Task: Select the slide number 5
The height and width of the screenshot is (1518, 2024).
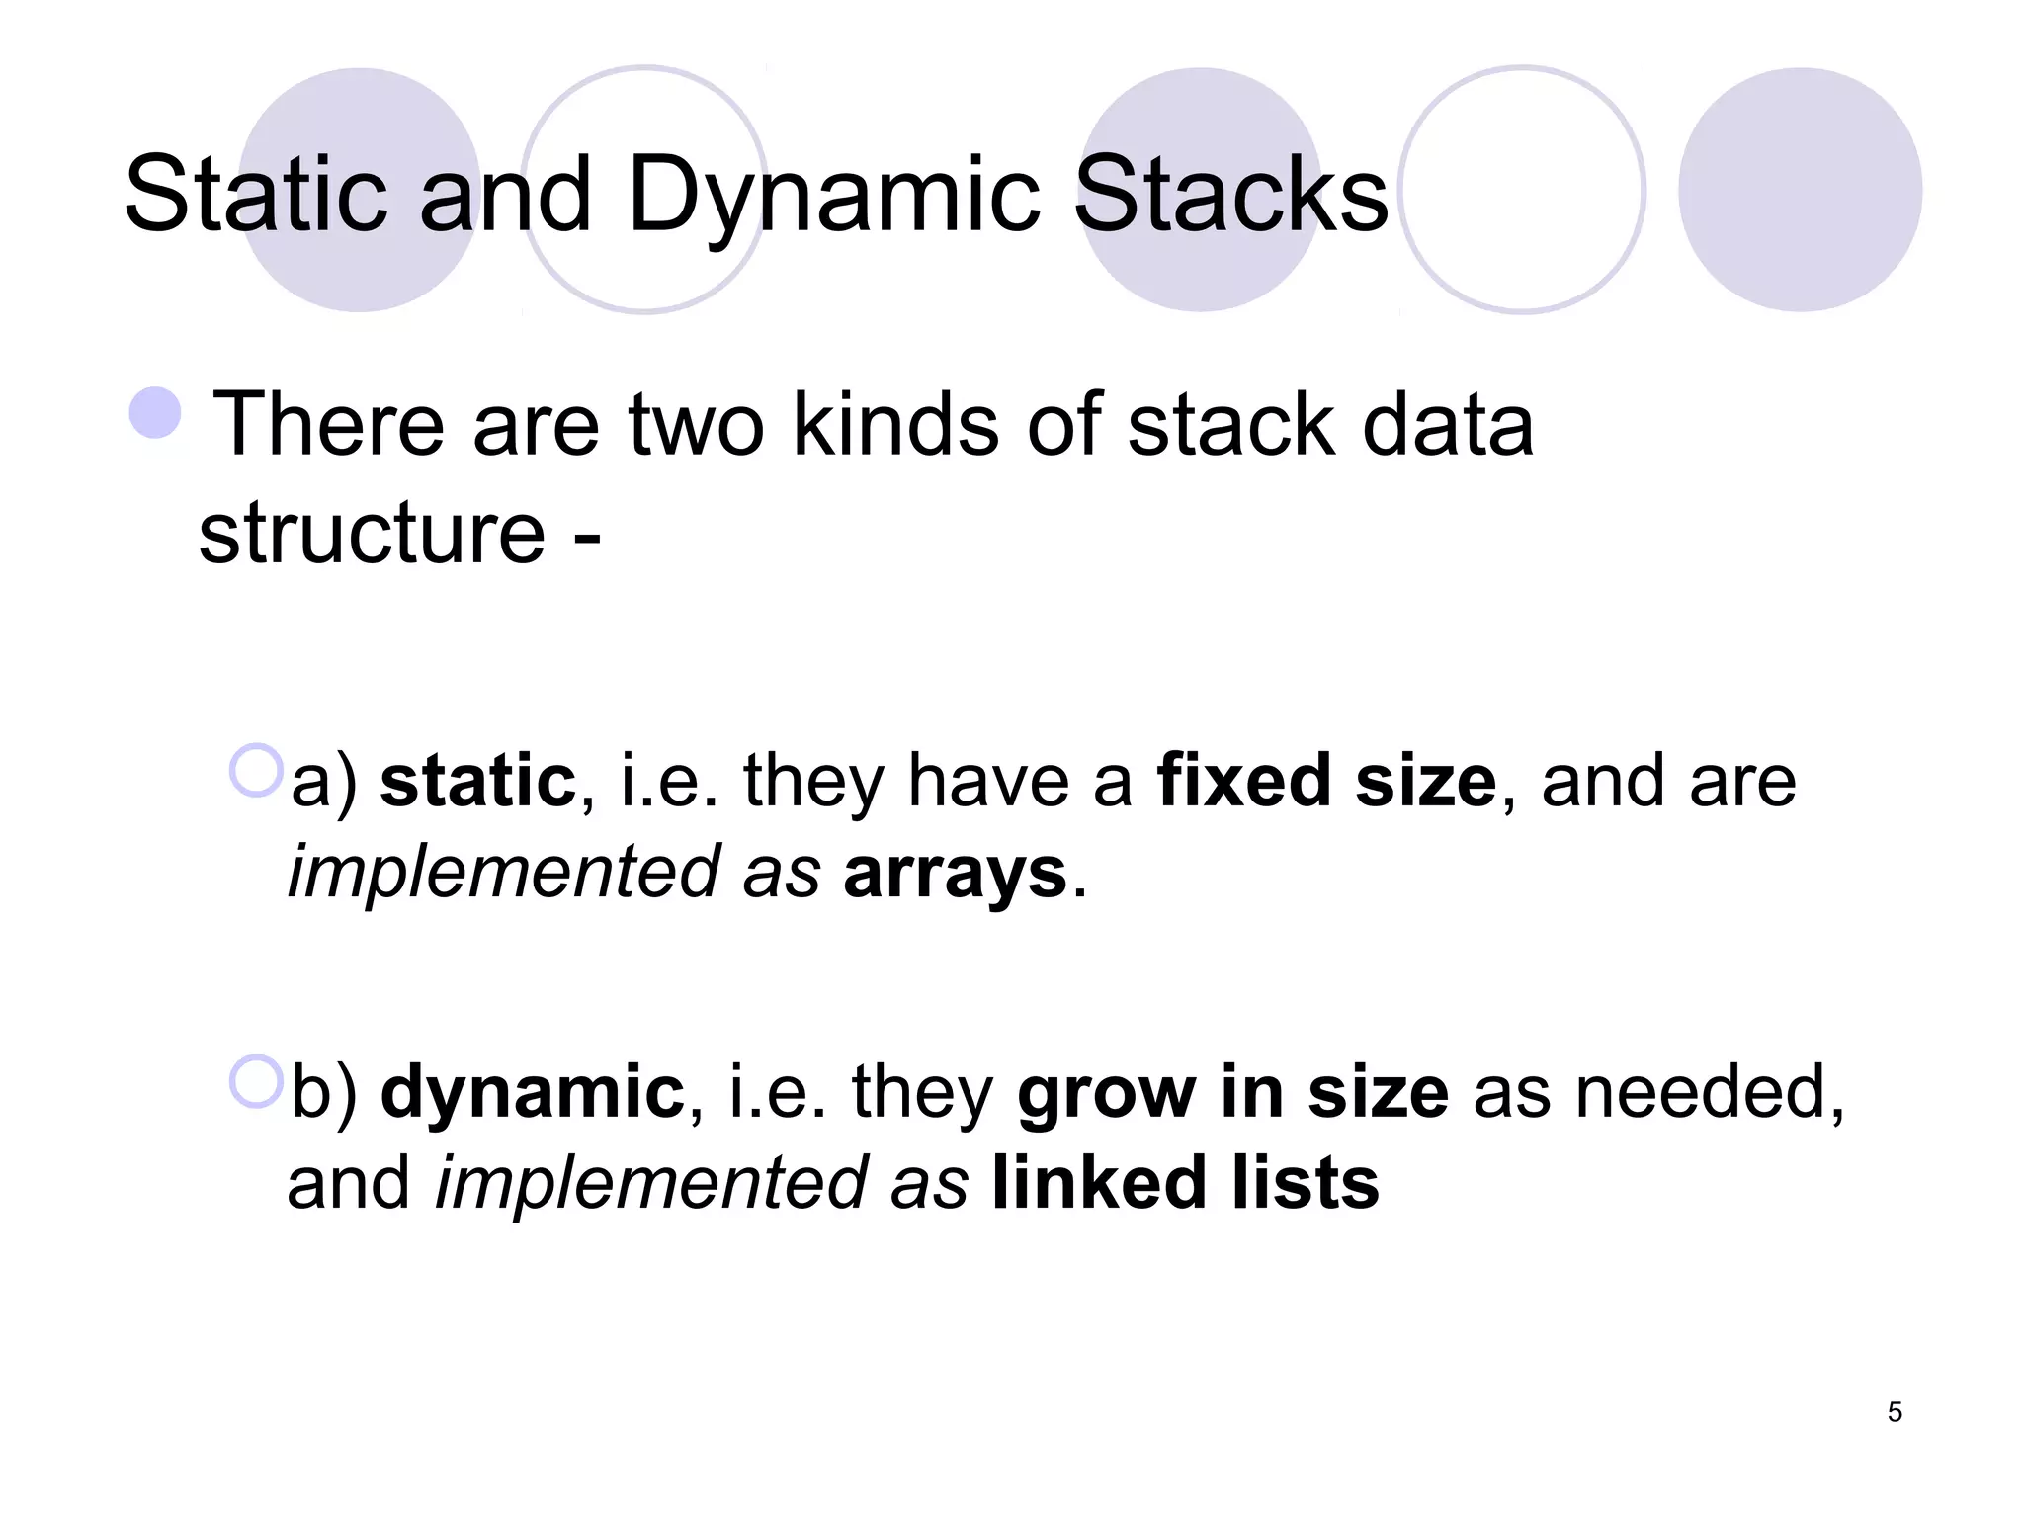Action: click(x=1894, y=1412)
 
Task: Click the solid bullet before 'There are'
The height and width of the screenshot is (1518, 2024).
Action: click(x=156, y=412)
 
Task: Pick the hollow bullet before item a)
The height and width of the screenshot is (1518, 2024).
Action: click(x=256, y=770)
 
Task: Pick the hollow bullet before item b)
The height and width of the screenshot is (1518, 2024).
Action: click(x=256, y=1081)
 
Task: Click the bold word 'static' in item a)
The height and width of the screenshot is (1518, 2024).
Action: click(x=477, y=781)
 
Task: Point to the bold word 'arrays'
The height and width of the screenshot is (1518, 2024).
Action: click(x=955, y=873)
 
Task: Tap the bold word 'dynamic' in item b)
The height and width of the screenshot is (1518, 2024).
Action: click(x=533, y=1092)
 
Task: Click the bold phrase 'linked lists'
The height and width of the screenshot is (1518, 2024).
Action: click(x=1185, y=1183)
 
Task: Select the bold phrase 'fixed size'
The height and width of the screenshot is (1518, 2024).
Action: click(x=1326, y=781)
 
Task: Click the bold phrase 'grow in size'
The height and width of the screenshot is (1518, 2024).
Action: click(x=1232, y=1092)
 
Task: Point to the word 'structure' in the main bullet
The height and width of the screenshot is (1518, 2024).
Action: click(x=372, y=534)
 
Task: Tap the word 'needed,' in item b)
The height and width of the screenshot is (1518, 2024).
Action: click(x=1709, y=1092)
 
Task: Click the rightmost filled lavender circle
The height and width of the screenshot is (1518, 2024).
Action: click(x=1800, y=190)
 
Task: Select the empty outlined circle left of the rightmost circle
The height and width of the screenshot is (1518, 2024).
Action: click(x=1522, y=190)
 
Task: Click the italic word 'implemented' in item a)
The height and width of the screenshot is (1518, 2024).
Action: click(x=503, y=873)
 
